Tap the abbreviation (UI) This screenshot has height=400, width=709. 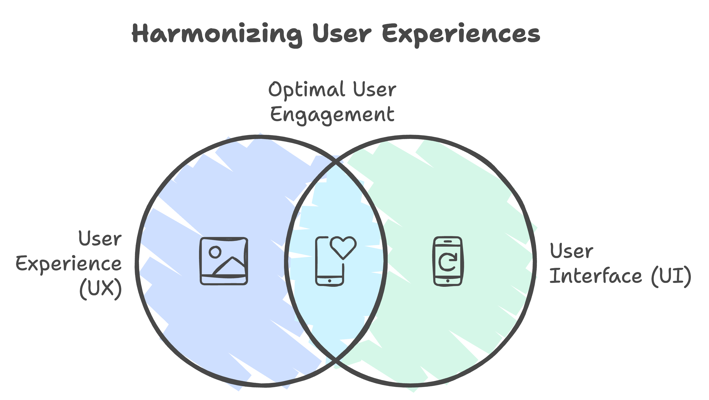pyautogui.click(x=671, y=276)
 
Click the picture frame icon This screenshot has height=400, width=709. pyautogui.click(x=224, y=261)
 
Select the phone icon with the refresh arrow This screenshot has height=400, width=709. pyautogui.click(x=448, y=261)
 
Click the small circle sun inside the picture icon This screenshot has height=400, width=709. pyautogui.click(x=215, y=252)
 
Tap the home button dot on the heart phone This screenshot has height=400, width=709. pyautogui.click(x=329, y=281)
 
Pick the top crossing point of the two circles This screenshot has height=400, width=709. pyautogui.click(x=336, y=164)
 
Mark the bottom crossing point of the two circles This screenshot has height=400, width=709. pyautogui.click(x=336, y=359)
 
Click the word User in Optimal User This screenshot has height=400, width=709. pyautogui.click(x=375, y=89)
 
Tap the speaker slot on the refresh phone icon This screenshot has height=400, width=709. pyautogui.click(x=448, y=241)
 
